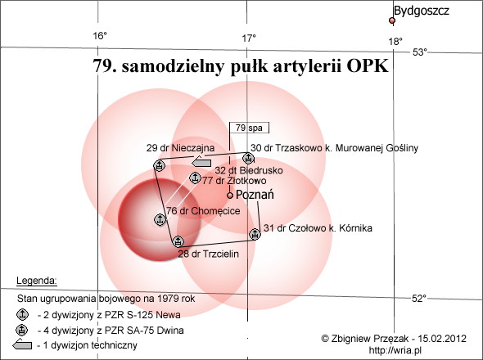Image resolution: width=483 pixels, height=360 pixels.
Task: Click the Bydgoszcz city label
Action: (x=421, y=11)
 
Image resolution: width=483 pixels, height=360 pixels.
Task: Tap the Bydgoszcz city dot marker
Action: (x=392, y=20)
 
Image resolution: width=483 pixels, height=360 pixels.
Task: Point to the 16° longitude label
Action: (x=100, y=36)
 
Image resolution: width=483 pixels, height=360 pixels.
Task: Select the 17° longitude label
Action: (x=249, y=38)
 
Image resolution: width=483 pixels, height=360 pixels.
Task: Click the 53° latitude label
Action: (x=420, y=52)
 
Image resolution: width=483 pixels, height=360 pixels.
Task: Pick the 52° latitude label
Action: (x=419, y=298)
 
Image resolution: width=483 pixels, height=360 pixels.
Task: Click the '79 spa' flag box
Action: (x=249, y=128)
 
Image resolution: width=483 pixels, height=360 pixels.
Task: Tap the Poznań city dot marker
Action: (x=230, y=196)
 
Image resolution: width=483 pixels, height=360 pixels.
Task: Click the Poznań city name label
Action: (x=255, y=195)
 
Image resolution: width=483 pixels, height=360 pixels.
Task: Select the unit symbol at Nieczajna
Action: (x=160, y=165)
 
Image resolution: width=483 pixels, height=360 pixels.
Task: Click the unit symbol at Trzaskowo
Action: (x=248, y=158)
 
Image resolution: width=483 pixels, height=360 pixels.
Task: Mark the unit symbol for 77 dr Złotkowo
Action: (x=194, y=178)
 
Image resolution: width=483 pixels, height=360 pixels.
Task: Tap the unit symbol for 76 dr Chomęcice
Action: (x=160, y=219)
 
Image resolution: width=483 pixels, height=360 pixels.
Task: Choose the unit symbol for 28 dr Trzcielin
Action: (x=178, y=241)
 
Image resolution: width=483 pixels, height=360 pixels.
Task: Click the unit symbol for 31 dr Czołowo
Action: (x=255, y=234)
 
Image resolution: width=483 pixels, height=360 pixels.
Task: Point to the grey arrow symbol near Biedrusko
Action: (x=201, y=162)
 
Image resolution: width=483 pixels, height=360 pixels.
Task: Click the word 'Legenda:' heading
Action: (x=37, y=281)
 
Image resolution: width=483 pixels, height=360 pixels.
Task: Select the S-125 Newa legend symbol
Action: (x=22, y=315)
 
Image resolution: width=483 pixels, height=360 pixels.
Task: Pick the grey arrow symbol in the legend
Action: (x=22, y=344)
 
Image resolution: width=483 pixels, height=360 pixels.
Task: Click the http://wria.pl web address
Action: (x=395, y=350)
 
